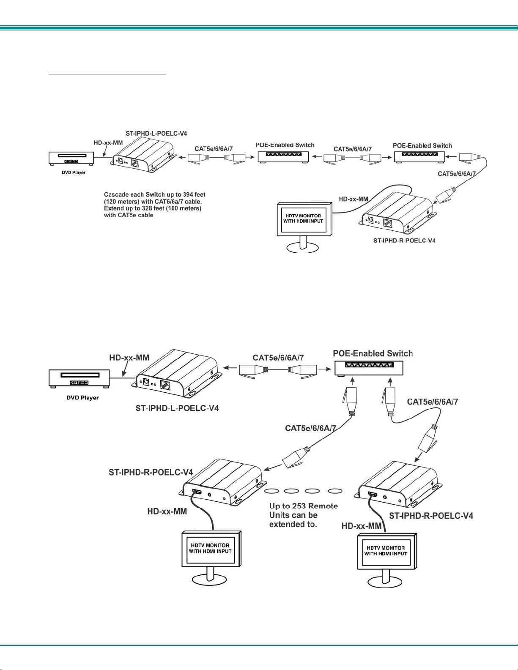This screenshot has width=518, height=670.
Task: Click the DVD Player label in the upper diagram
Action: tap(74, 173)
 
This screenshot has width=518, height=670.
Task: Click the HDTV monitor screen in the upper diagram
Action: tap(303, 219)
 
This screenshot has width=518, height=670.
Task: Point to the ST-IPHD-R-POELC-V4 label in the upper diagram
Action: tap(404, 241)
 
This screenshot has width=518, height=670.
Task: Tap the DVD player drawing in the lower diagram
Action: tap(79, 378)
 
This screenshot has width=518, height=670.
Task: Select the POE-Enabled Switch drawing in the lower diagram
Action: tap(369, 368)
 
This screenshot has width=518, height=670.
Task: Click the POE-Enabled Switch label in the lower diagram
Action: tap(373, 353)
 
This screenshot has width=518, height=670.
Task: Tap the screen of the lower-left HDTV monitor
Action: tap(210, 548)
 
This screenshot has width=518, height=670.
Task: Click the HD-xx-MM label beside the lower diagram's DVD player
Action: tap(129, 358)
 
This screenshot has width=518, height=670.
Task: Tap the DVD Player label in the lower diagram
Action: tap(82, 398)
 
